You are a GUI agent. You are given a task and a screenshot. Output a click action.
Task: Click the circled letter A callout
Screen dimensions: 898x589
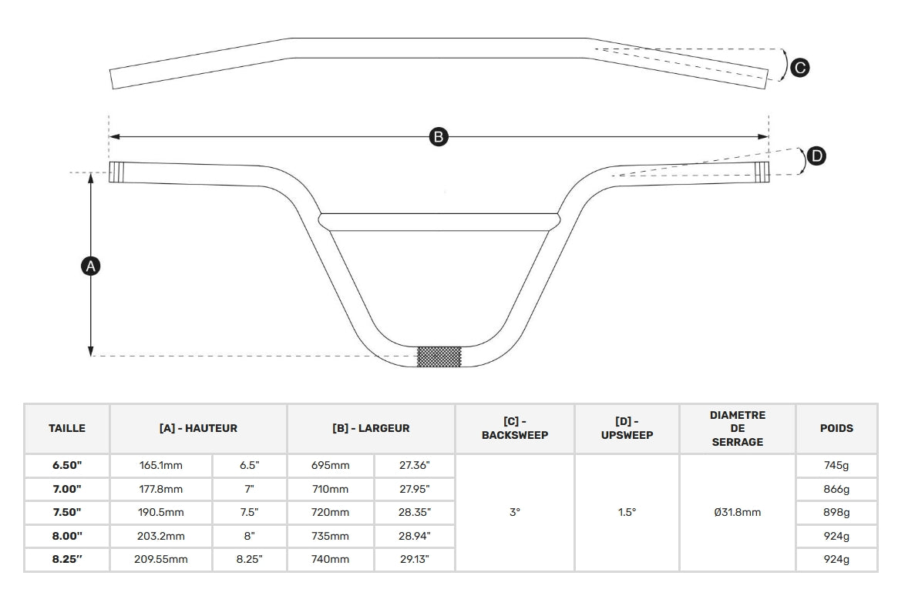click(90, 266)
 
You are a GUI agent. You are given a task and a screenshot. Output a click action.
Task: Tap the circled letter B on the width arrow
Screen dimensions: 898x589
click(438, 137)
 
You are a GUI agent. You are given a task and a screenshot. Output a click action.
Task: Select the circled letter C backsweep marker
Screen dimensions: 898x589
click(799, 68)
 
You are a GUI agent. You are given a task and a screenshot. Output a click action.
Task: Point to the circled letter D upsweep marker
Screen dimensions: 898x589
click(816, 156)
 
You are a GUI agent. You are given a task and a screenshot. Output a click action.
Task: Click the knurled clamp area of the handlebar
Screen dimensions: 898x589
click(439, 356)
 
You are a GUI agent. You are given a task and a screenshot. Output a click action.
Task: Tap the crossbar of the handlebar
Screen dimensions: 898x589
click(439, 222)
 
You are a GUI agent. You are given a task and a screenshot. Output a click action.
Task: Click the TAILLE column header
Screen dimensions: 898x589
click(67, 428)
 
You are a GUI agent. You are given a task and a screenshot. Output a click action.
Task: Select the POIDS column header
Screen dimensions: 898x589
click(836, 428)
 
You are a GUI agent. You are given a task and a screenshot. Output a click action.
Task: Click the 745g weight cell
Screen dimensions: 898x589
click(836, 466)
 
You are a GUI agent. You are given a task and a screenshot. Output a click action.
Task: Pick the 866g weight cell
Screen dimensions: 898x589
click(836, 489)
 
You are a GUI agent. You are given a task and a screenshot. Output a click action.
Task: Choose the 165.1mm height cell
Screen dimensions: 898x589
click(161, 466)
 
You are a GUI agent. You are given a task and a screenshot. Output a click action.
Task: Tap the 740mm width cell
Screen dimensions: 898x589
click(331, 559)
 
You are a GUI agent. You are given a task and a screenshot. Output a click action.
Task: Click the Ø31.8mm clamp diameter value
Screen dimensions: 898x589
click(737, 512)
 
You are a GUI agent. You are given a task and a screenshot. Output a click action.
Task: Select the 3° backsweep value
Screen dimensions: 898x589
click(515, 512)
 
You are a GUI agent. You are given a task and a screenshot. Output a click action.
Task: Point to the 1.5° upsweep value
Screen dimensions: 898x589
click(627, 512)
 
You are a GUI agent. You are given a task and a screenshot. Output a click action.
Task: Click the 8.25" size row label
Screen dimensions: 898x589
click(67, 559)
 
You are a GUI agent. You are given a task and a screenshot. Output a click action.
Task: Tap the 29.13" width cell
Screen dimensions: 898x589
click(415, 559)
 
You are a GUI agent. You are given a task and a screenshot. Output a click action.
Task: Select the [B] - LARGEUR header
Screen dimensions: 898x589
click(371, 428)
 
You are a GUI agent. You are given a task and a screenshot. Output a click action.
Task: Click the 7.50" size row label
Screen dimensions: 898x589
click(67, 512)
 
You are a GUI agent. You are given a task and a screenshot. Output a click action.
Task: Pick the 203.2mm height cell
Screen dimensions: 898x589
click(161, 536)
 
